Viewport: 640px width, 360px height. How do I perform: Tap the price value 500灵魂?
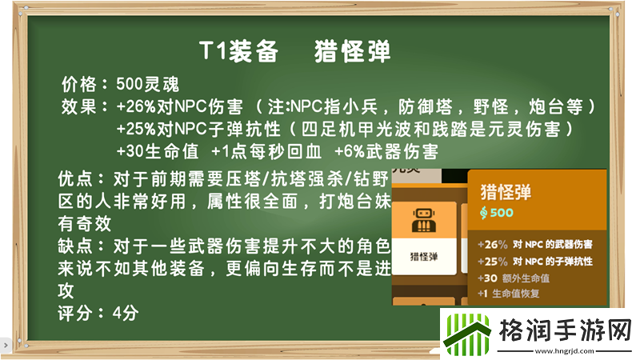tap(147, 84)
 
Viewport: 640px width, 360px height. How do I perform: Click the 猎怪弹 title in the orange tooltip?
tap(506, 192)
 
